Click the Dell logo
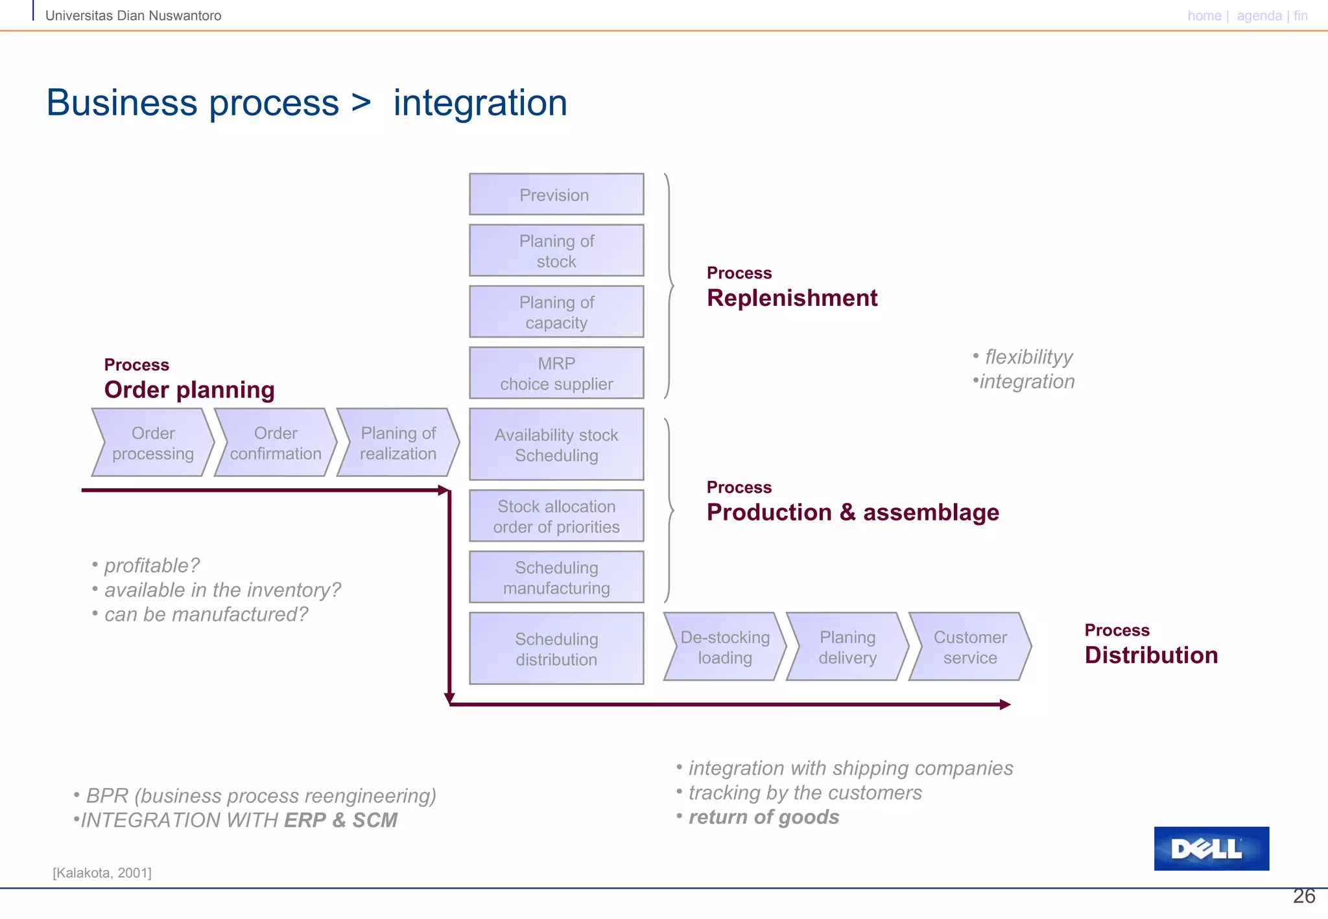point(1211,848)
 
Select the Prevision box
point(556,194)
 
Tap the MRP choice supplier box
point(556,373)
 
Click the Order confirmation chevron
point(276,443)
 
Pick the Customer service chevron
point(970,647)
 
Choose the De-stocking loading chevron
point(725,647)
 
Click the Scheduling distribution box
point(556,649)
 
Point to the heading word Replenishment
point(792,298)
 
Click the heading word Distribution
point(1151,655)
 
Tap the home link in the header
point(1204,16)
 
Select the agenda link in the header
point(1259,16)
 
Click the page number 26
point(1303,896)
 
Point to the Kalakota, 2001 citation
point(102,873)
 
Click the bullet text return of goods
point(763,817)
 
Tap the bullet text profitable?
point(152,566)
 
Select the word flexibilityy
point(1028,357)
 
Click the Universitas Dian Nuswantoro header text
point(133,16)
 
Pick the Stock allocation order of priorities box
point(556,517)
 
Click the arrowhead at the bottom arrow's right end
point(1005,704)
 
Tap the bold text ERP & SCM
point(340,820)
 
